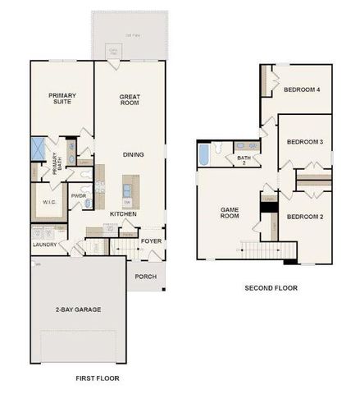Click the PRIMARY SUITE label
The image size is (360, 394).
tap(62, 100)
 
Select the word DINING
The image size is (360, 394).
tap(134, 154)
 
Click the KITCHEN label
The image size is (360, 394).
tap(123, 214)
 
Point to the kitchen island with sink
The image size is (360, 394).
tap(128, 190)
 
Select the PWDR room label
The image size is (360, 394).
tap(79, 195)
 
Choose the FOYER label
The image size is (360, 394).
tap(150, 241)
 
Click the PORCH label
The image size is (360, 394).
tap(146, 276)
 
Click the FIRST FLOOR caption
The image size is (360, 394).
tap(97, 378)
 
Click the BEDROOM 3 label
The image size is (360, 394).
tap(304, 142)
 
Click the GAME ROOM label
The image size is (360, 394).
tap(229, 213)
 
